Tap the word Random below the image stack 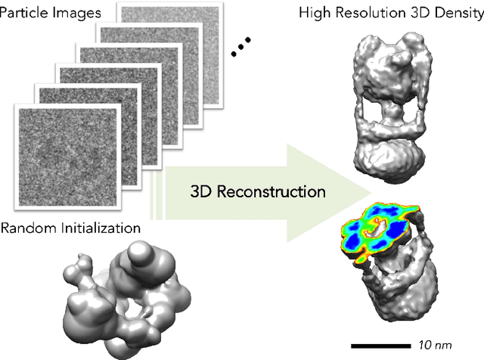[x=30, y=227]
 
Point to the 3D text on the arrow [x=202, y=191]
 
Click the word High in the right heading [x=315, y=14]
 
